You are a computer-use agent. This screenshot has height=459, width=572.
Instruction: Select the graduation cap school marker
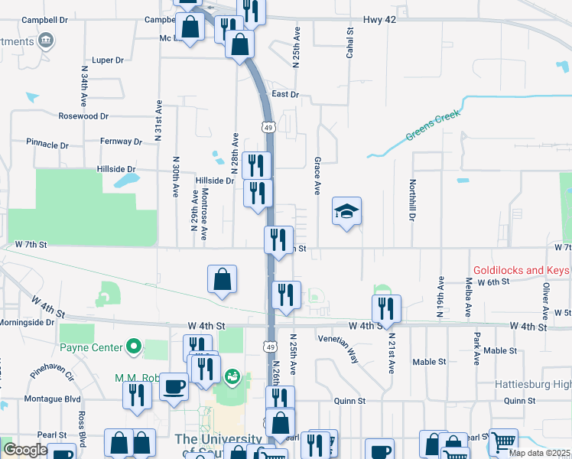(x=346, y=210)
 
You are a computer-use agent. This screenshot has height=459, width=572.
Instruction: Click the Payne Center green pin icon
(x=135, y=348)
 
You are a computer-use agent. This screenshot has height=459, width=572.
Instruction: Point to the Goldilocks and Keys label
(x=522, y=270)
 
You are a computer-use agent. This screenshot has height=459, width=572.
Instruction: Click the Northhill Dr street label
(x=412, y=200)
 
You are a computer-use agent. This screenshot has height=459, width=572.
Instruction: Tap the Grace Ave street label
(x=317, y=175)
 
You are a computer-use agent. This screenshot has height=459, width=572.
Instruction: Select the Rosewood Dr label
(x=83, y=116)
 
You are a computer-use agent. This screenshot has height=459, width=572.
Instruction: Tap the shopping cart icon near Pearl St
(x=502, y=441)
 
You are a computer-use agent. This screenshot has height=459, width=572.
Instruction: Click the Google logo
(x=24, y=450)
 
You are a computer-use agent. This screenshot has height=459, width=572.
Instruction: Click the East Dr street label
(x=284, y=94)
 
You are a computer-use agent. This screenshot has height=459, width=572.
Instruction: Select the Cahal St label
(x=351, y=41)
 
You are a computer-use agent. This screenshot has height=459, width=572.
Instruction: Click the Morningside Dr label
(x=27, y=323)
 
